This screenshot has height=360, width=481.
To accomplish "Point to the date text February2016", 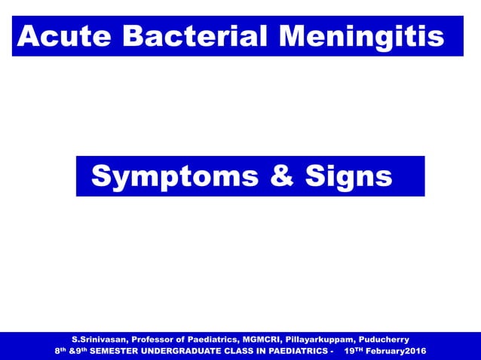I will (394, 352).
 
